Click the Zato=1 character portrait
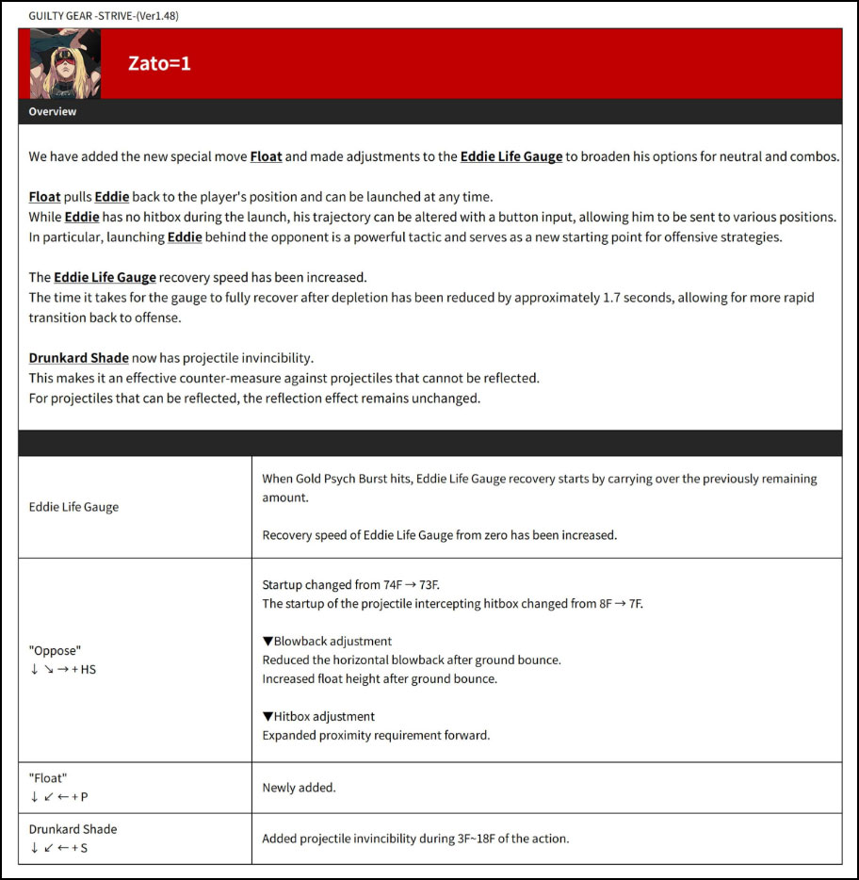65,63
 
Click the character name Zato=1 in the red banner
159,64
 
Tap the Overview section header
53,112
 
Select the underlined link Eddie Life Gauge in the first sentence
511,156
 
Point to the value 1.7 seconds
637,297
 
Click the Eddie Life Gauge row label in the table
73,507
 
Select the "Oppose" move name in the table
55,650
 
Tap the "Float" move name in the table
48,778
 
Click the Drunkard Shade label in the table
73,829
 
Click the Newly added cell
299,788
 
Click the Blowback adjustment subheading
327,641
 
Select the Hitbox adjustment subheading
318,716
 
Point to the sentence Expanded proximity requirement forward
376,735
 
